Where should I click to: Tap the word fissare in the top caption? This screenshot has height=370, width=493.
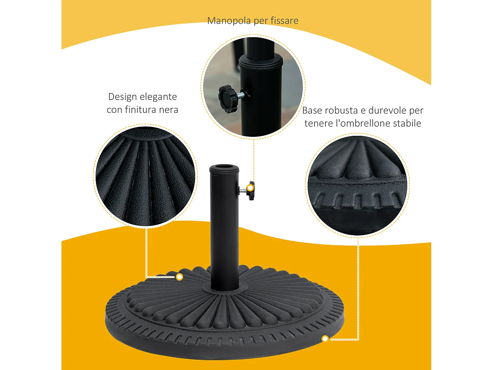click(284, 21)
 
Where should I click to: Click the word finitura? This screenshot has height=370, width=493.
click(141, 110)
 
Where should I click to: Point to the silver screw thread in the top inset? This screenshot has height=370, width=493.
click(240, 95)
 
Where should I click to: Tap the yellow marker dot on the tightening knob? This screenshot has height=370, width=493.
click(250, 188)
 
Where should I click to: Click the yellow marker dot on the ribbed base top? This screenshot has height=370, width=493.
click(179, 277)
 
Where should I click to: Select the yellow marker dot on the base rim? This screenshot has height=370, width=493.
click(325, 338)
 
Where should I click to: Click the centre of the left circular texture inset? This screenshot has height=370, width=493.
click(145, 176)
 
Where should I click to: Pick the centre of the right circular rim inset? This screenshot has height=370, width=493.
click(358, 185)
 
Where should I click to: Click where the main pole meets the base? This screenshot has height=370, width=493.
click(224, 288)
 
